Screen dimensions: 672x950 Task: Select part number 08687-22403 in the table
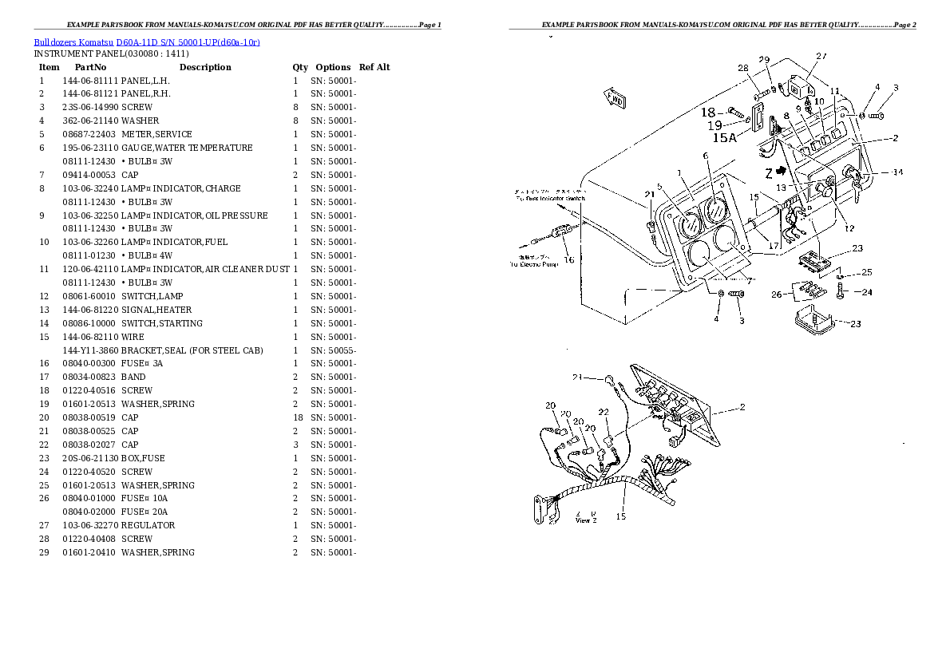(x=88, y=134)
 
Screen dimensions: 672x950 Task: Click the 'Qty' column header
(x=299, y=68)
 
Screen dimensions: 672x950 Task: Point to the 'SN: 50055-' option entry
(x=333, y=350)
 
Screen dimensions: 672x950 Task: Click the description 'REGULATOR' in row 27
(x=148, y=525)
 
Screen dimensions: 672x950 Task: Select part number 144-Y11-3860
(x=90, y=350)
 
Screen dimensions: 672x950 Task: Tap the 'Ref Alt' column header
(x=374, y=68)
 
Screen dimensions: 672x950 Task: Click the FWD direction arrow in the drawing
(x=616, y=100)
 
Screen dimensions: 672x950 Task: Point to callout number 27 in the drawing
(x=821, y=56)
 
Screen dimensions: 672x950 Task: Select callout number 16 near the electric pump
(x=568, y=259)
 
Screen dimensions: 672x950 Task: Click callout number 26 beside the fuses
(x=776, y=294)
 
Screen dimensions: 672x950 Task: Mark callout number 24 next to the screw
(x=866, y=292)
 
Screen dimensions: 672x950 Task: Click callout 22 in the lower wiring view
(x=604, y=412)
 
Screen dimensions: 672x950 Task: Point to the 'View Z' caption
(x=585, y=520)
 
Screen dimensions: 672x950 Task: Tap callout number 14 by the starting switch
(x=897, y=172)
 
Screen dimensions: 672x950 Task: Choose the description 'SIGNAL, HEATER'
(x=156, y=310)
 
